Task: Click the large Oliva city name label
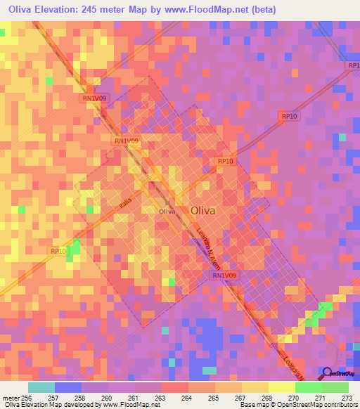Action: pyautogui.click(x=203, y=209)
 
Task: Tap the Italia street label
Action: pyautogui.click(x=125, y=203)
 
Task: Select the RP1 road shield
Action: pyautogui.click(x=354, y=65)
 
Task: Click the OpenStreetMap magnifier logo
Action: pyautogui.click(x=326, y=372)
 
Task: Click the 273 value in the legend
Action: pyautogui.click(x=347, y=398)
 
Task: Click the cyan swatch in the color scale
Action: pyautogui.click(x=41, y=387)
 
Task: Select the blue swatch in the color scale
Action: pyautogui.click(x=68, y=387)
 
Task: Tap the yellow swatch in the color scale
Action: pyautogui.click(x=281, y=387)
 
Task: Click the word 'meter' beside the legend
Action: pyautogui.click(x=10, y=398)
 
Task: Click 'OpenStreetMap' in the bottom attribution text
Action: pyautogui.click(x=289, y=405)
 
